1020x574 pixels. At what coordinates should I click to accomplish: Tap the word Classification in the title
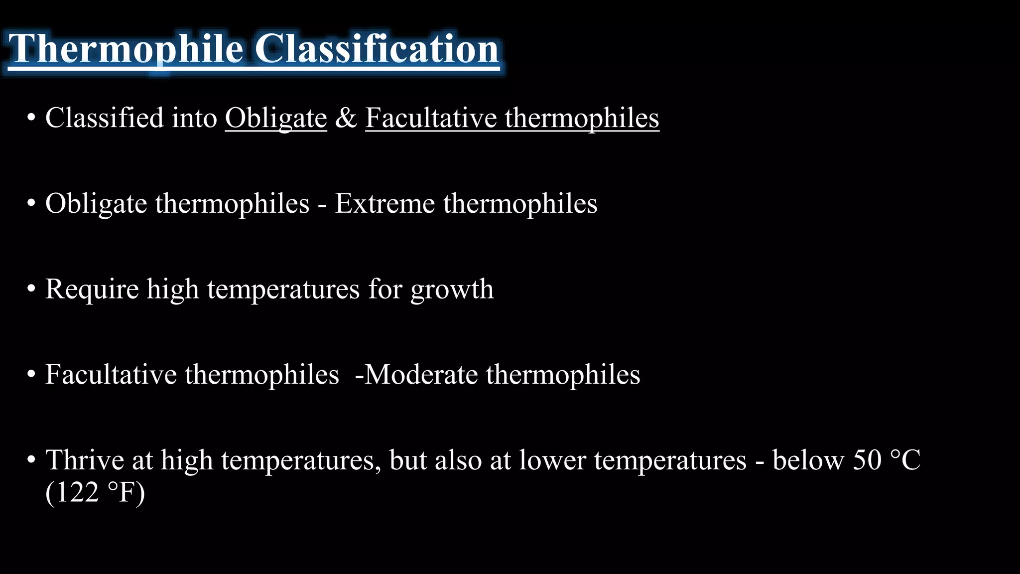pyautogui.click(x=377, y=49)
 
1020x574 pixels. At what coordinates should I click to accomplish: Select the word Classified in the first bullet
pyautogui.click(x=104, y=118)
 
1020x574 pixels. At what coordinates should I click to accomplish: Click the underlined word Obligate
pyautogui.click(x=276, y=119)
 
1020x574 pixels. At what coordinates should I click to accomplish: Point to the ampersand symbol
pyautogui.click(x=346, y=119)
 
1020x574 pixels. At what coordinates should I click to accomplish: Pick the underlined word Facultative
pyautogui.click(x=430, y=119)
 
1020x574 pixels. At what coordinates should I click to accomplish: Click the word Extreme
pyautogui.click(x=384, y=204)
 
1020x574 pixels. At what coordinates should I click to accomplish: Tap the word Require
pyautogui.click(x=92, y=289)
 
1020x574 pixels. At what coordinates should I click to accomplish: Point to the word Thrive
pyautogui.click(x=85, y=460)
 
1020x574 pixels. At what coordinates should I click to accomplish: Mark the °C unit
pyautogui.click(x=905, y=460)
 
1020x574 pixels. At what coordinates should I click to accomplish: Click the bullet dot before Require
pyautogui.click(x=31, y=289)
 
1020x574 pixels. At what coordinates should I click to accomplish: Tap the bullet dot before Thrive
pyautogui.click(x=31, y=460)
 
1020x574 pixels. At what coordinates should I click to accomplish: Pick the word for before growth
pyautogui.click(x=384, y=289)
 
